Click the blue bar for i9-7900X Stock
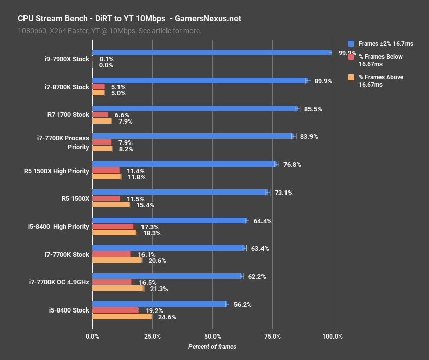click(x=212, y=53)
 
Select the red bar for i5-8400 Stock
click(x=115, y=310)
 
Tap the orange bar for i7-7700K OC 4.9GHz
click(x=118, y=289)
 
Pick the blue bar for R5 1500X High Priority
click(x=184, y=164)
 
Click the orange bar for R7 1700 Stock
click(x=102, y=121)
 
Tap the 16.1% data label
click(x=147, y=254)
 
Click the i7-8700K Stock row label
click(x=67, y=87)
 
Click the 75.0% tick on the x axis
click(x=272, y=336)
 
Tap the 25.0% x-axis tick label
click(x=152, y=336)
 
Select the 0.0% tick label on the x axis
click(x=92, y=336)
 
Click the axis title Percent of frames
click(x=212, y=347)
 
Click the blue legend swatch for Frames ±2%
click(x=351, y=44)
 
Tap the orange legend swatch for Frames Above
click(x=351, y=77)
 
